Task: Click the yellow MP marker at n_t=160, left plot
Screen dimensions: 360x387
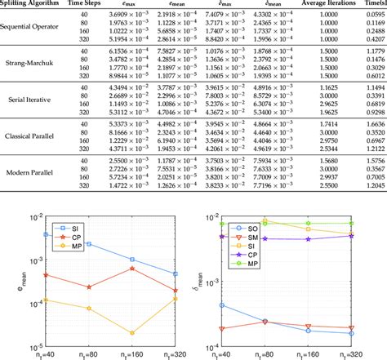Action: click(132, 332)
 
